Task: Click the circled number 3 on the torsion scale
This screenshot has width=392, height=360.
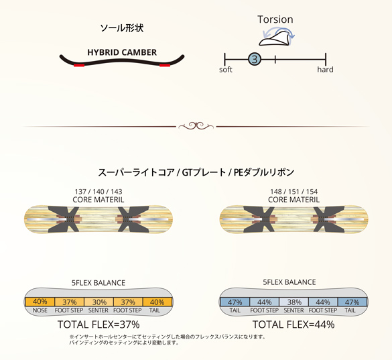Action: [x=255, y=59]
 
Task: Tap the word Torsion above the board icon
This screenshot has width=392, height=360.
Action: [x=275, y=19]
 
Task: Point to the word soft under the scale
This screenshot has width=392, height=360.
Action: [x=226, y=70]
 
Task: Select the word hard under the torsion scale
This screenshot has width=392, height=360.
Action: [x=325, y=69]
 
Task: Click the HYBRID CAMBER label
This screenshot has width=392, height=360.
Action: [x=122, y=52]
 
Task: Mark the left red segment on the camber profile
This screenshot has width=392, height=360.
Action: [x=79, y=65]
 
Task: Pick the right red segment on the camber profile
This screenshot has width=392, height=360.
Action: [x=165, y=65]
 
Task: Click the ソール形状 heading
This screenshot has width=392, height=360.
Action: [x=122, y=27]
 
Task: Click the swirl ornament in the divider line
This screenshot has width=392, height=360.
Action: [x=196, y=126]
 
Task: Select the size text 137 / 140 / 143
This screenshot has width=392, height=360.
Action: [x=99, y=192]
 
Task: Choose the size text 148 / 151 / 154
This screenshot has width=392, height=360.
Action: [x=293, y=192]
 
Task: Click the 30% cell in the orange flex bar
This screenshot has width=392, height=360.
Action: [x=99, y=302]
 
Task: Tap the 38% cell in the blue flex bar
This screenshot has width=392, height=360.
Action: [x=293, y=302]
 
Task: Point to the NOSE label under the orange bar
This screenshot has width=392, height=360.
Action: [x=40, y=310]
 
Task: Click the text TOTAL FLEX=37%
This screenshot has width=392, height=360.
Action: [x=99, y=324]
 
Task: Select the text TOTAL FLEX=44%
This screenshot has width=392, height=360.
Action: [x=293, y=324]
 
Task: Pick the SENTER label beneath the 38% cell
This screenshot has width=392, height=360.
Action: [x=293, y=310]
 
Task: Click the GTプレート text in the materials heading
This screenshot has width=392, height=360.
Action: [x=204, y=172]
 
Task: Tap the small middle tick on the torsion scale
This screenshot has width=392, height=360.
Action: [x=275, y=60]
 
